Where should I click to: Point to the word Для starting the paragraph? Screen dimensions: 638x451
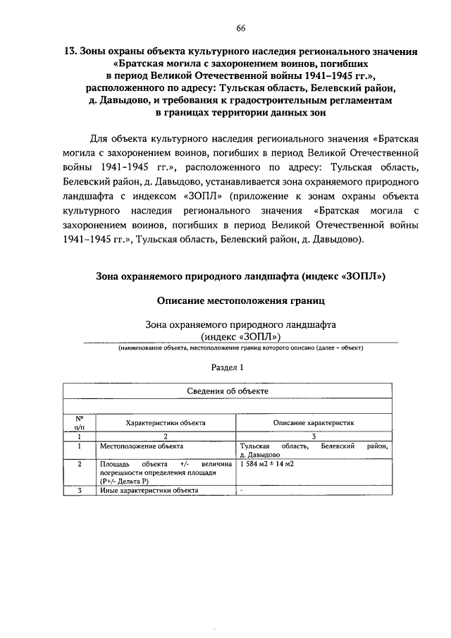point(103,137)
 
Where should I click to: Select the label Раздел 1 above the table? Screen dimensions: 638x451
point(227,367)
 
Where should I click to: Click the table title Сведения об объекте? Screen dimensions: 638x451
point(227,391)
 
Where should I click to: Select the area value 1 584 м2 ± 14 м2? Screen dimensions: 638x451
point(267,464)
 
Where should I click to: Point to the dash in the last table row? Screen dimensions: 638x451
point(242,489)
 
